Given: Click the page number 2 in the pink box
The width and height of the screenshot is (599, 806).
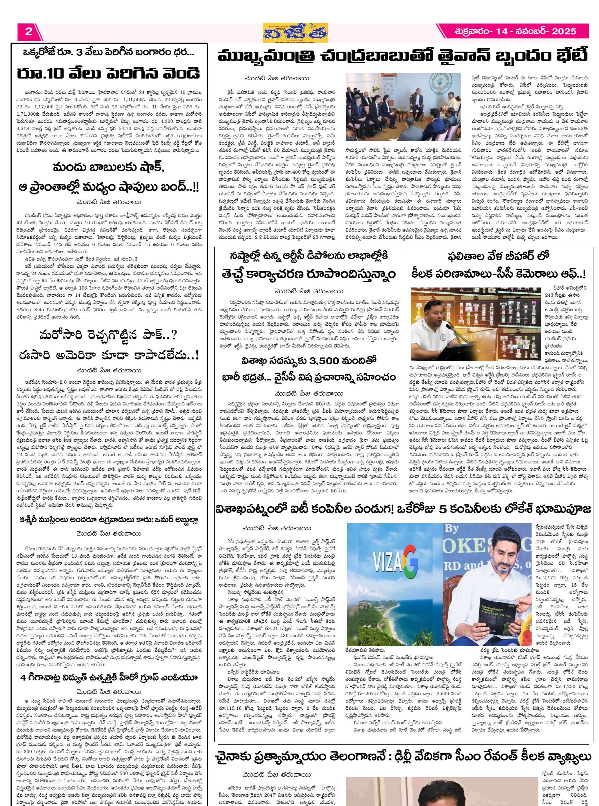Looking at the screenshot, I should (29, 31).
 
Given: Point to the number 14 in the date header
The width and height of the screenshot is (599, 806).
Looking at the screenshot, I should (501, 31).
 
